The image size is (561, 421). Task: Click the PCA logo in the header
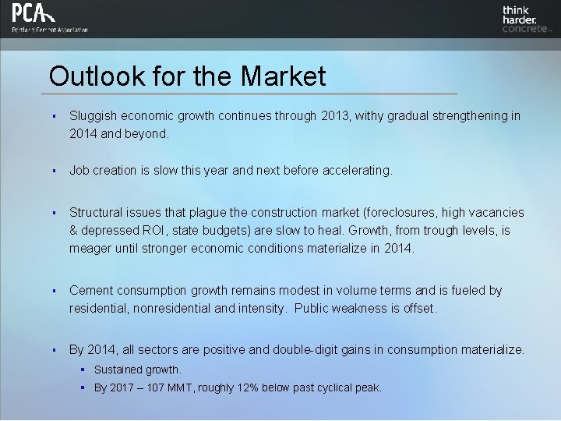click(34, 13)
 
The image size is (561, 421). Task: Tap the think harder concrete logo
click(526, 19)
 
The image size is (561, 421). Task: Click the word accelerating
click(355, 170)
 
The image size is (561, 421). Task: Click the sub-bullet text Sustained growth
click(138, 370)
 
